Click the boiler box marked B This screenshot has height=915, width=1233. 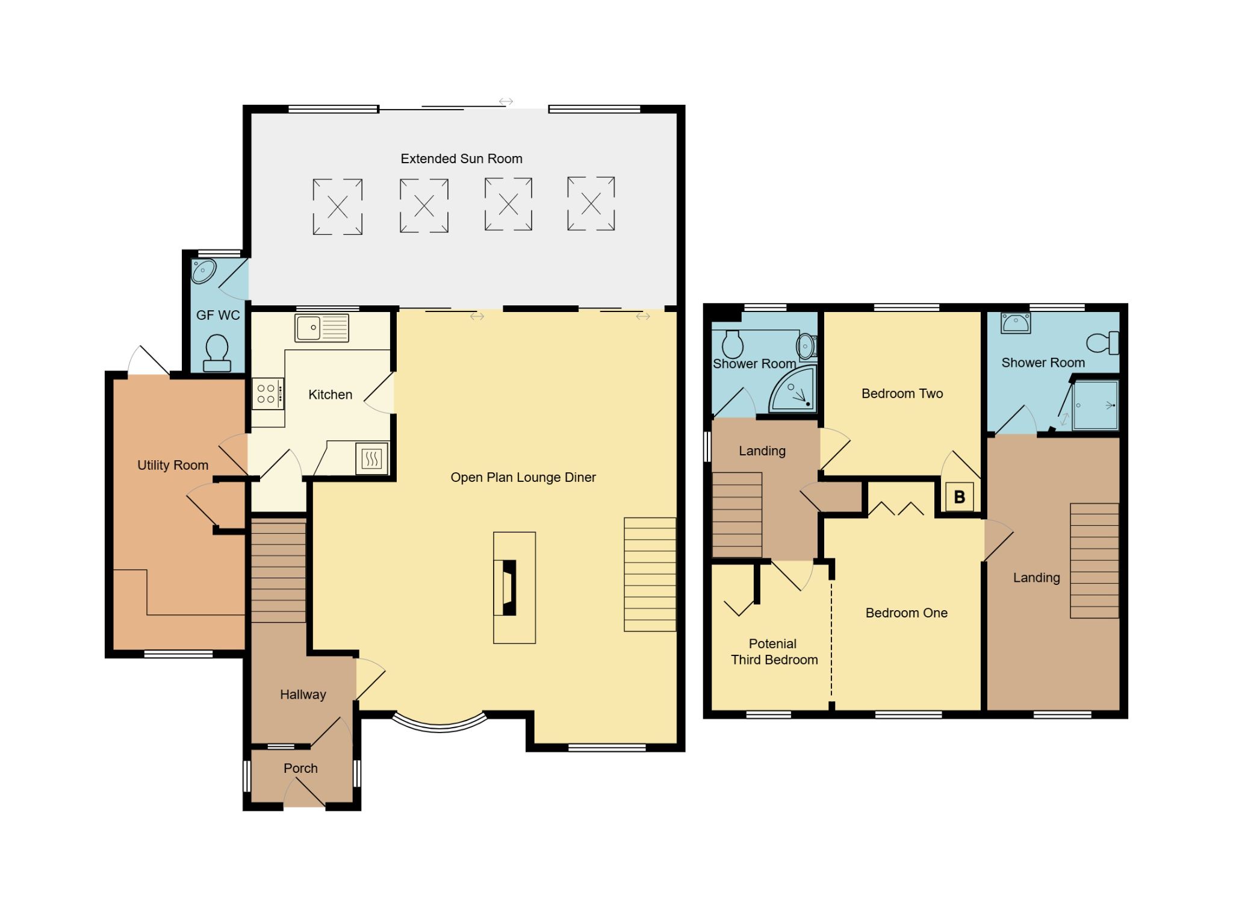point(959,497)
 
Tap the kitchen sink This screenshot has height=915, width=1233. point(321,328)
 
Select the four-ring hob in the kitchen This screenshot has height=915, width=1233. point(267,393)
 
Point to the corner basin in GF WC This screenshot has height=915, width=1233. point(203,271)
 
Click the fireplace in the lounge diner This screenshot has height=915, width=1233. point(509,587)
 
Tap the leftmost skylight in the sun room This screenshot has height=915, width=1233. point(337,207)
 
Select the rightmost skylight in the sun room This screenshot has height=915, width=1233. point(591,204)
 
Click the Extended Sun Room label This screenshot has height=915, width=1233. point(461,158)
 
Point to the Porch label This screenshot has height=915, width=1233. point(300,768)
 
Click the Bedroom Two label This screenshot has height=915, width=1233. point(902,393)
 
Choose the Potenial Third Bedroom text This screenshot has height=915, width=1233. point(774,652)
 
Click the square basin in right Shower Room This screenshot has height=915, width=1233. point(1015,323)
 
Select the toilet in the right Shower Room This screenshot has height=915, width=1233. point(1103,343)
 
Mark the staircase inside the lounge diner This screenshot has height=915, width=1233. point(650,574)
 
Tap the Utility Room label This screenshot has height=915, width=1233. point(173,465)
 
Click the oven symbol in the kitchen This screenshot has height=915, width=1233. point(371,459)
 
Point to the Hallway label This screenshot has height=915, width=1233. point(303,695)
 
